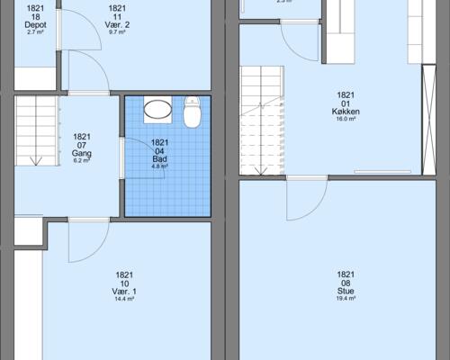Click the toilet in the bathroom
(192, 115)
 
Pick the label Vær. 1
(124, 292)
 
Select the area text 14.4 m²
(124, 301)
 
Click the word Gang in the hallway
(81, 153)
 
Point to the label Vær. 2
(117, 24)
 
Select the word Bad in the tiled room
(159, 158)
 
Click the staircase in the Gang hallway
(35, 131)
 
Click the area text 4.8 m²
(159, 166)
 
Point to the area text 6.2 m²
(81, 161)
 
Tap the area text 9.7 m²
(117, 32)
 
